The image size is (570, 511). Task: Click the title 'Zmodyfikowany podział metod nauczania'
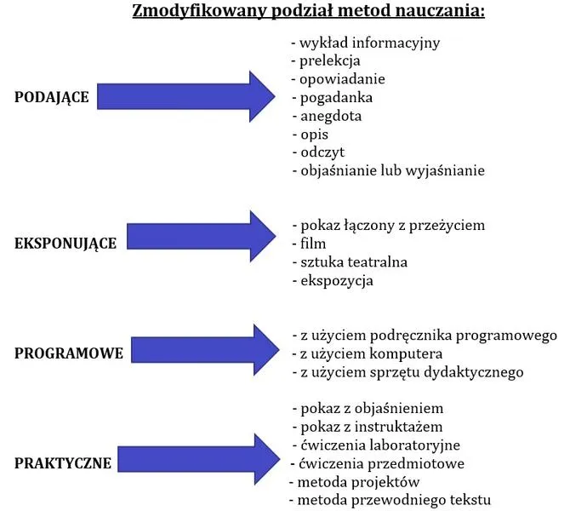point(308,13)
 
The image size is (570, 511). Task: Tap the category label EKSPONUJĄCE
point(66,243)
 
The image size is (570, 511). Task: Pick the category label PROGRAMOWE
point(69,353)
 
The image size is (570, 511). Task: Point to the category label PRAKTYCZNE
point(63,463)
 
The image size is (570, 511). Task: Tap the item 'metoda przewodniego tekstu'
point(390,500)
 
